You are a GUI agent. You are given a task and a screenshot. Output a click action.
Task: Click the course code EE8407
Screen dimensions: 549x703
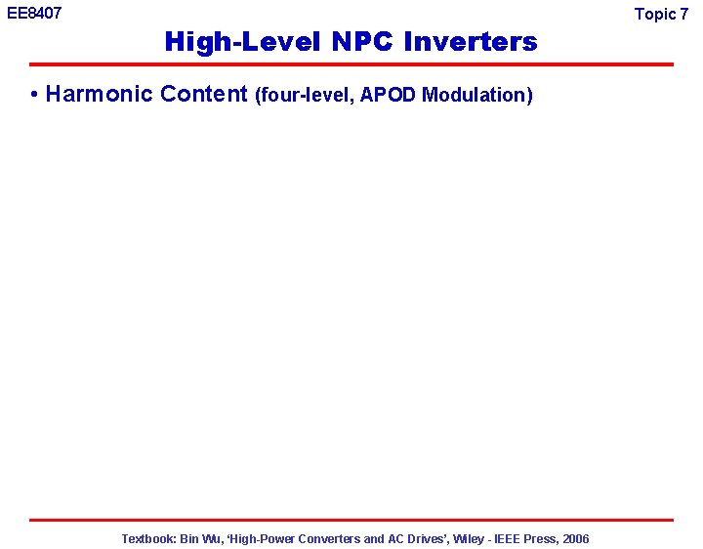click(34, 13)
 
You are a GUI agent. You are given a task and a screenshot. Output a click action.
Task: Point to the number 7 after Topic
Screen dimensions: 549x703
click(683, 14)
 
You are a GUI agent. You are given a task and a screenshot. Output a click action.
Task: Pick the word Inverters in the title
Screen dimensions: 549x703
click(470, 42)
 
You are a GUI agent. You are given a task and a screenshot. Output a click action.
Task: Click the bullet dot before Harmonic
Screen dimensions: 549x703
click(34, 95)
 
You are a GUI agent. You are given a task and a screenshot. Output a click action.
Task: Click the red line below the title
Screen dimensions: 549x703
click(351, 64)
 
